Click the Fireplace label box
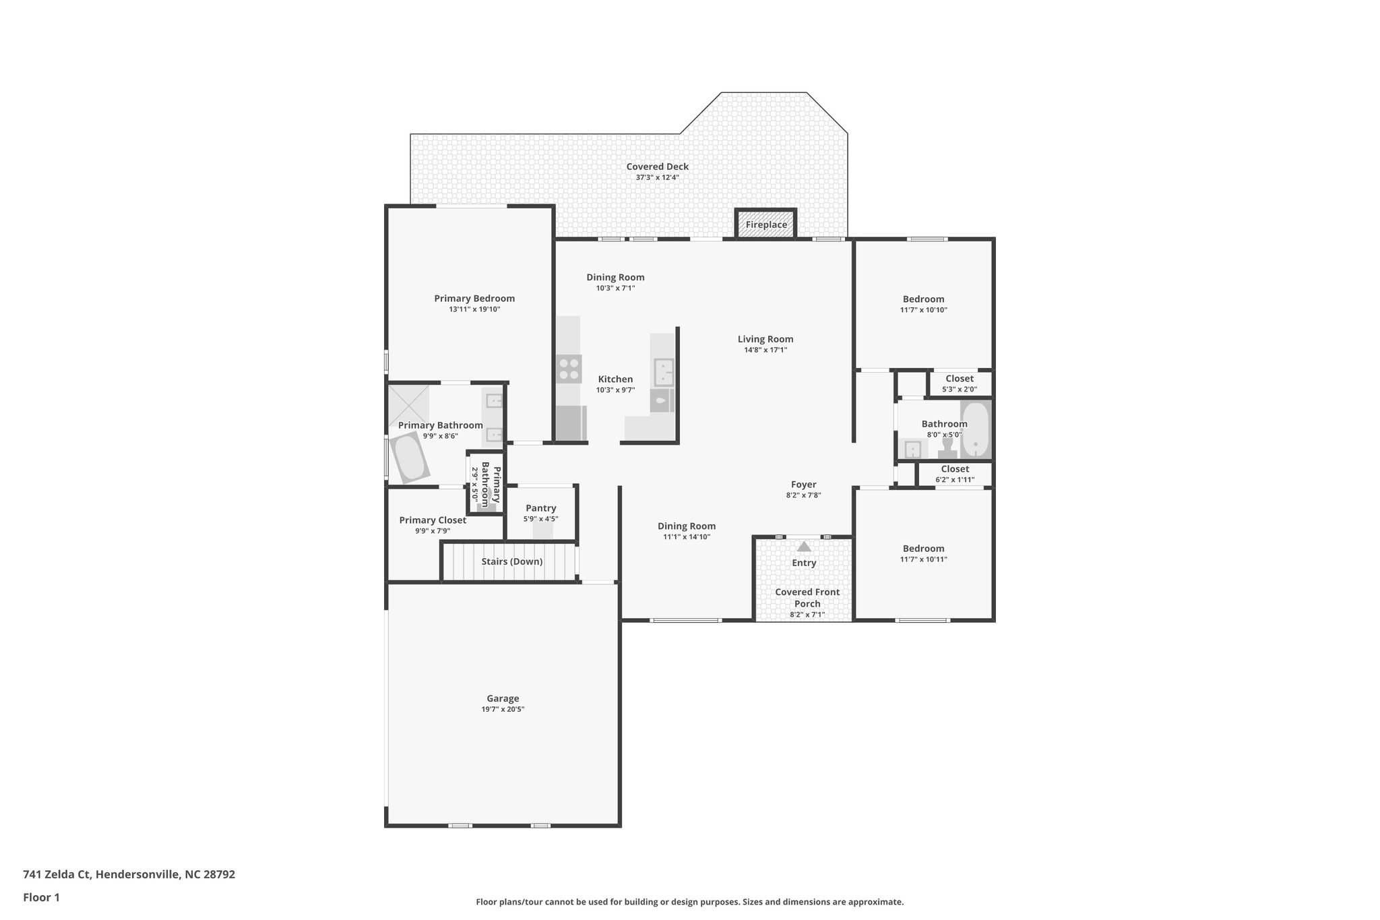(766, 224)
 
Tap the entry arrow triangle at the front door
(804, 547)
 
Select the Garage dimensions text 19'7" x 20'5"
(503, 709)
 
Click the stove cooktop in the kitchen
(569, 369)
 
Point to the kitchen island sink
(664, 372)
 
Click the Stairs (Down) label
(511, 561)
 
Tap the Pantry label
(540, 508)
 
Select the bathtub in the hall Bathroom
(975, 429)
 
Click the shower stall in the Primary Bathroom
(408, 405)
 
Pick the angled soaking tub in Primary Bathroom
(408, 458)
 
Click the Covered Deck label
(657, 166)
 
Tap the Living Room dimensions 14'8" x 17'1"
(765, 350)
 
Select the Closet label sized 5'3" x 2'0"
(959, 379)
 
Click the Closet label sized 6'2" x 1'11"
(955, 469)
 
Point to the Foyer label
(803, 485)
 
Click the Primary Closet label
(433, 520)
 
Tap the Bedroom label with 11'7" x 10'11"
(923, 549)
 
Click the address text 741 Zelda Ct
(129, 875)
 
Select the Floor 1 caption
(41, 897)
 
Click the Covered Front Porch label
(807, 598)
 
